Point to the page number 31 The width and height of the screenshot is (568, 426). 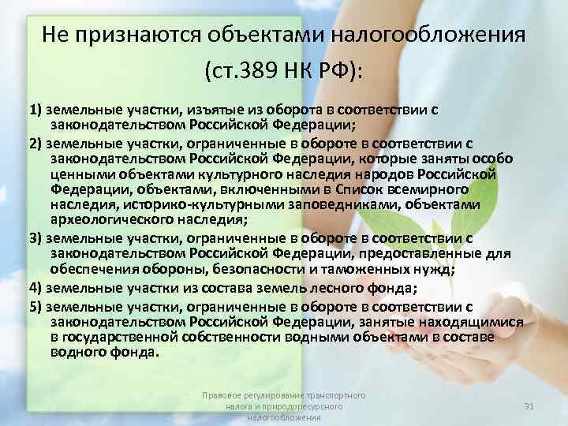coord(529,405)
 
